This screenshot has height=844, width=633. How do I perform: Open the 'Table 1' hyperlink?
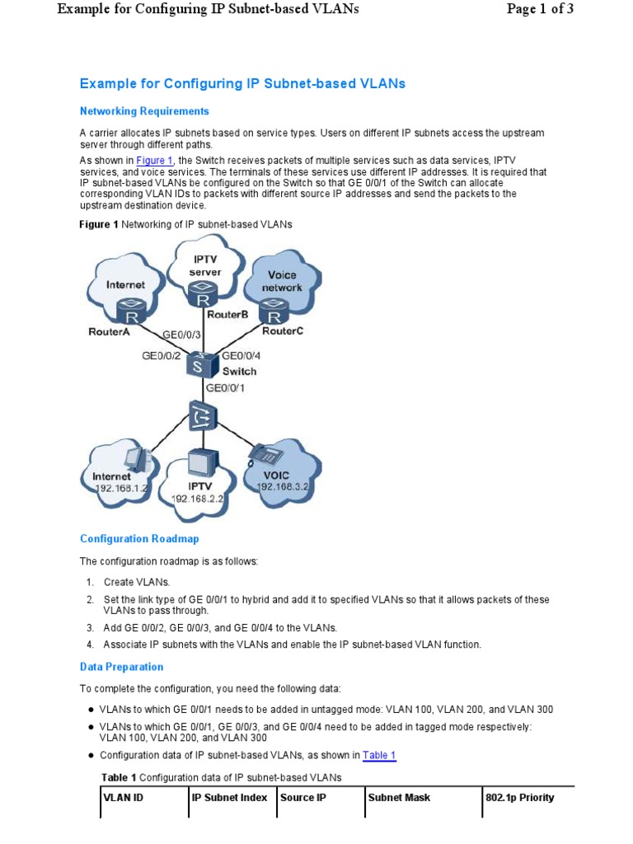(379, 754)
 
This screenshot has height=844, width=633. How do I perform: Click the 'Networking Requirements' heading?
(144, 110)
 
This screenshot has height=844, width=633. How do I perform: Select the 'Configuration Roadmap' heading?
(139, 538)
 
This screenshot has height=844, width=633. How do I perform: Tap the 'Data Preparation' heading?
(121, 667)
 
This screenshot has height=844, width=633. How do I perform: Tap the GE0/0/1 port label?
(225, 387)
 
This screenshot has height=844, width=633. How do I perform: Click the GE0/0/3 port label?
(181, 334)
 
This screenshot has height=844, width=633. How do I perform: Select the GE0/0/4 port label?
(242, 356)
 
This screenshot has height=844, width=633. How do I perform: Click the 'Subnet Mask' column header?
(399, 797)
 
